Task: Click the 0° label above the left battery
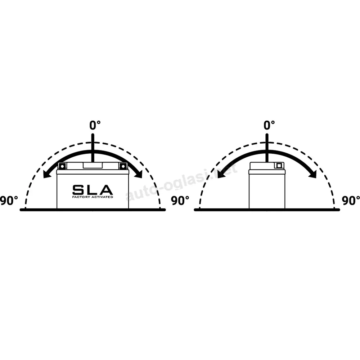point(95,125)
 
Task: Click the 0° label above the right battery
point(269,125)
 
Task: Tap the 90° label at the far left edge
point(9,201)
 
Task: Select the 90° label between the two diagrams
point(180,201)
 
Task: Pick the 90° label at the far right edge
point(351,201)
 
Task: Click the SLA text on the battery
point(93,190)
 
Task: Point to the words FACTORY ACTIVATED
point(93,197)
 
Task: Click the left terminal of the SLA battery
point(62,166)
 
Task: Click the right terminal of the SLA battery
point(123,166)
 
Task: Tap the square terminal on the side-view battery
point(279,166)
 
